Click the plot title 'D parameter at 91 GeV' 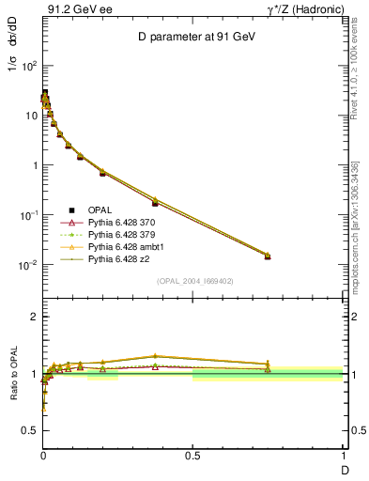[192, 37]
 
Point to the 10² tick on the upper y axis [29, 67]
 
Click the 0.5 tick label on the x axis [192, 456]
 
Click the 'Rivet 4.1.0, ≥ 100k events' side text [355, 85]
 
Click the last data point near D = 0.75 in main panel [268, 256]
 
